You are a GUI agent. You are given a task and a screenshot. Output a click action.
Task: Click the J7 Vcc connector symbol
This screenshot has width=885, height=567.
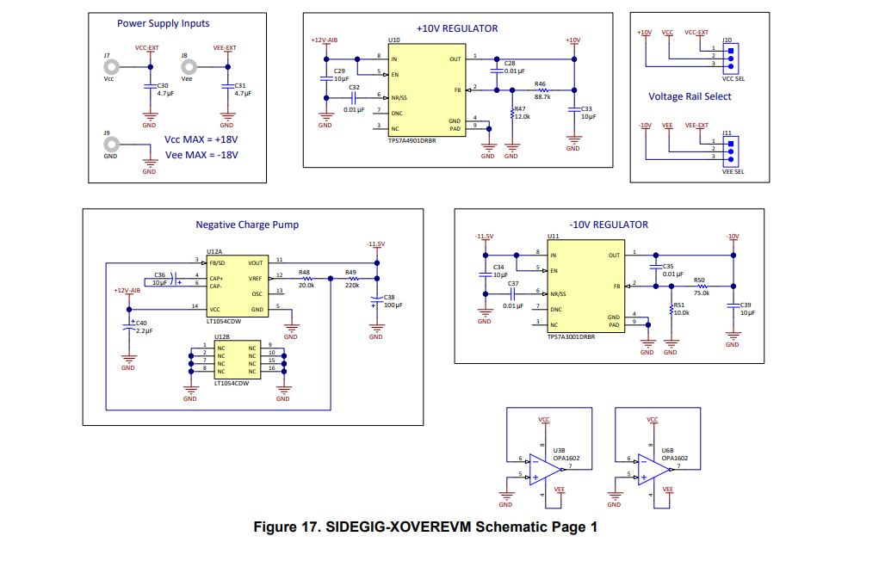[x=108, y=66]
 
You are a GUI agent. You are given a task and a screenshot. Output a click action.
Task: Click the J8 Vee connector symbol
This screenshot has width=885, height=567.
[x=186, y=66]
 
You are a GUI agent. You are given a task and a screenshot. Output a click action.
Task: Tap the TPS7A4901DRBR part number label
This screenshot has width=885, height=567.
[x=412, y=139]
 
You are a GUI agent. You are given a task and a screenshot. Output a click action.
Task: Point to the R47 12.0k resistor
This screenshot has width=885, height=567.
[x=511, y=113]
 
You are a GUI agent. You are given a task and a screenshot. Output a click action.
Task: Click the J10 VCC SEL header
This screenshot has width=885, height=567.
[x=730, y=57]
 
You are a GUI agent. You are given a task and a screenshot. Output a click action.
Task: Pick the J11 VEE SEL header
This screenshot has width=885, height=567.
[x=730, y=151]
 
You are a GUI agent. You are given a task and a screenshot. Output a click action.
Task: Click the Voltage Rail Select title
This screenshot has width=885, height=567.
[x=690, y=96]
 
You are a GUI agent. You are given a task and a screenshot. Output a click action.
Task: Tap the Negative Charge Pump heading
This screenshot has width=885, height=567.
[x=247, y=225]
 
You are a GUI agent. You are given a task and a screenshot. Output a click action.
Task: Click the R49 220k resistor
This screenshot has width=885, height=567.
[x=351, y=278]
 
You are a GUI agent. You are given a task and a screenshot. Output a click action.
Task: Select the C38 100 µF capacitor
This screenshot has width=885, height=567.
[x=375, y=300]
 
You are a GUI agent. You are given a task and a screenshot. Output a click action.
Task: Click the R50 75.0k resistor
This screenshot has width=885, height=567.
[x=701, y=285]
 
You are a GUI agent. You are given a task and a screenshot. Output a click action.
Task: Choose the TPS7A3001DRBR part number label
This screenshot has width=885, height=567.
[x=571, y=337]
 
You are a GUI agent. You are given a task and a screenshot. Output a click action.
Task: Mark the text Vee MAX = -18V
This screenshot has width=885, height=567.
[x=201, y=155]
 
